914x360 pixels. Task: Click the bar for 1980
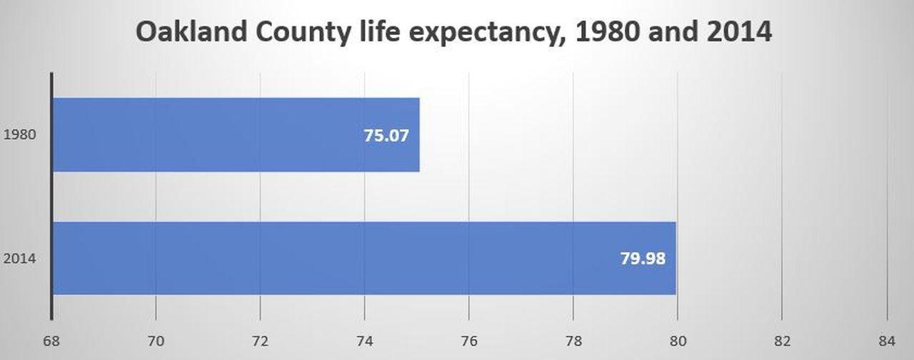(236, 135)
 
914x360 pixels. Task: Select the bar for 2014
(364, 258)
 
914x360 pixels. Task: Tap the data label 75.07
(386, 135)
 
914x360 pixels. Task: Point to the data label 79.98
(643, 258)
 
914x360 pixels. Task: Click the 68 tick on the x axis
(51, 341)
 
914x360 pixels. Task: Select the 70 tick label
(156, 341)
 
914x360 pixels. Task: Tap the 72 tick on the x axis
(260, 341)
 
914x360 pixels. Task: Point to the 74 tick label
(364, 341)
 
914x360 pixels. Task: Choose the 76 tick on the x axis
(468, 341)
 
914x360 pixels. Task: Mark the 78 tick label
(573, 341)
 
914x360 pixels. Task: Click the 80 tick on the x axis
(678, 341)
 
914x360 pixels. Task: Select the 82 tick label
(782, 341)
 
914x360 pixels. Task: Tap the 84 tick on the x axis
(886, 341)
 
